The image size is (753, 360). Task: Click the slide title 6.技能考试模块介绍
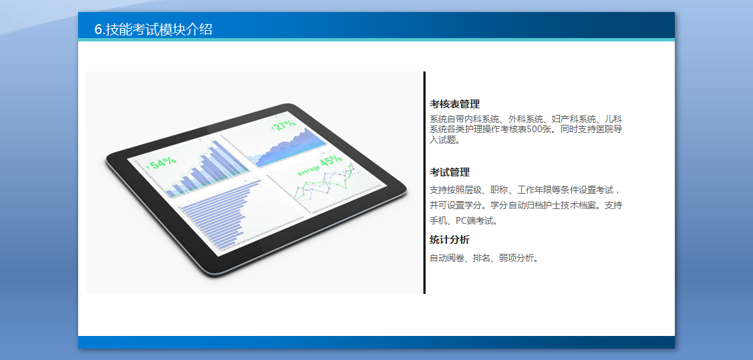tap(153, 29)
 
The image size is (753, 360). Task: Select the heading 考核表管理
tap(454, 104)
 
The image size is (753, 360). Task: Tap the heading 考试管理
tap(450, 172)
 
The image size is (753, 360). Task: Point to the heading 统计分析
tap(450, 240)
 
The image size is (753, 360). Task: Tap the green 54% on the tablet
tap(162, 163)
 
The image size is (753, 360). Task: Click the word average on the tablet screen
tap(307, 170)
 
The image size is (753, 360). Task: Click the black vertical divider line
tap(424, 182)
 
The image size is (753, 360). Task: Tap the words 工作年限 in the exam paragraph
tap(535, 190)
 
